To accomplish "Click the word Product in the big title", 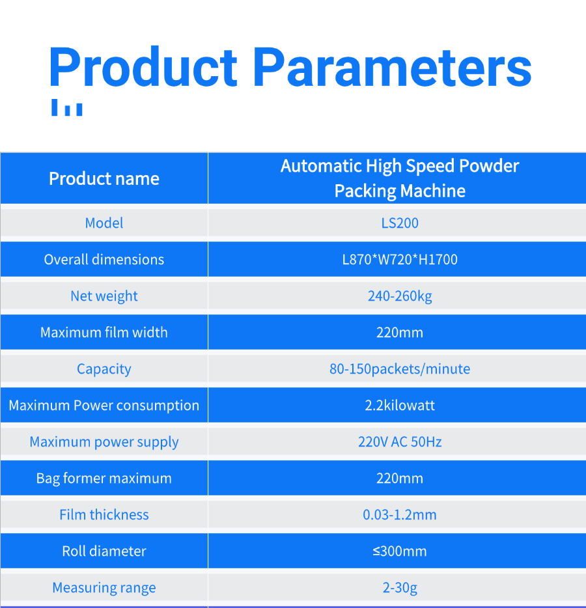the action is pos(143,66).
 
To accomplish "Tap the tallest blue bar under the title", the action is pos(55,107).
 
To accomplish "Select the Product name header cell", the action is pos(104,179).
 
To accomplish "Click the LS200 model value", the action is pos(400,223).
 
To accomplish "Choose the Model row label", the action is pos(104,223).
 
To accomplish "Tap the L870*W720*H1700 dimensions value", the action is pos(400,259).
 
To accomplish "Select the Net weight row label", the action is pos(104,296).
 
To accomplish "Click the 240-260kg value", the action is pos(400,296).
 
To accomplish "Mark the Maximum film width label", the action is pos(104,332).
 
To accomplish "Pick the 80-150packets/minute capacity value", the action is pos(400,369).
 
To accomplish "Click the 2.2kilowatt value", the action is pos(400,405).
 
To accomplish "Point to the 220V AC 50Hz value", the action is pos(400,441).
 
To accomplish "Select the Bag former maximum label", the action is pos(104,478).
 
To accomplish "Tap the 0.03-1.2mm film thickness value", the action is pos(400,514).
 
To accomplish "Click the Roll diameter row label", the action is pos(104,551).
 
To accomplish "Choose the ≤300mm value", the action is pos(400,551).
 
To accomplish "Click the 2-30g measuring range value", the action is pos(400,588).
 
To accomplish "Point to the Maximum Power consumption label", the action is pos(104,406).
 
